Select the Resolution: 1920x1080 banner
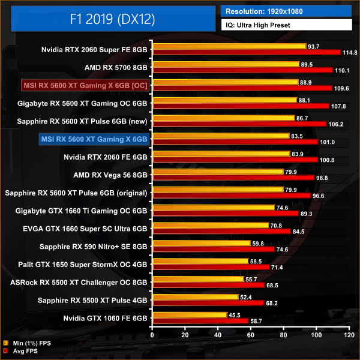(x=286, y=10)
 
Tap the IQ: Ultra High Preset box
(x=286, y=25)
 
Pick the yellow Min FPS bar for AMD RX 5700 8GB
(x=226, y=64)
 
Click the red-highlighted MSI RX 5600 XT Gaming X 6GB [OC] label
(x=85, y=85)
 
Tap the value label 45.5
(x=235, y=315)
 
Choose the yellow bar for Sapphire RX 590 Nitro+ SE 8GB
(x=201, y=243)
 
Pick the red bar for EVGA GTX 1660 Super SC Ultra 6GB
(x=221, y=231)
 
